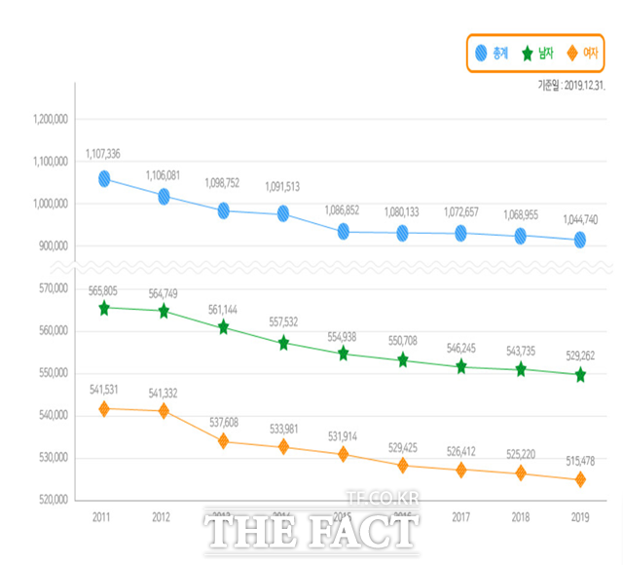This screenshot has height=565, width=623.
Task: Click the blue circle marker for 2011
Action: point(104,179)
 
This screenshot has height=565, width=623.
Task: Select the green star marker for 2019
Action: point(580,374)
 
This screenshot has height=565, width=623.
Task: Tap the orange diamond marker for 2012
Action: point(164,411)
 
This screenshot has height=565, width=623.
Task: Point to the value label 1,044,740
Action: point(580,219)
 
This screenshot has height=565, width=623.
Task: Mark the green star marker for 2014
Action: point(283,343)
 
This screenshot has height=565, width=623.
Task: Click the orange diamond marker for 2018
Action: point(521,473)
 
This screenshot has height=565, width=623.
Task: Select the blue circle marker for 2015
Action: point(343,232)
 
